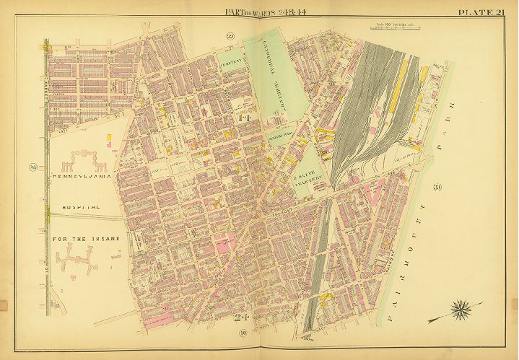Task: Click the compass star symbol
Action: [x=459, y=312]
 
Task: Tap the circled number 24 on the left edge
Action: [x=32, y=168]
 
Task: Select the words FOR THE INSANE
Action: [x=85, y=238]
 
